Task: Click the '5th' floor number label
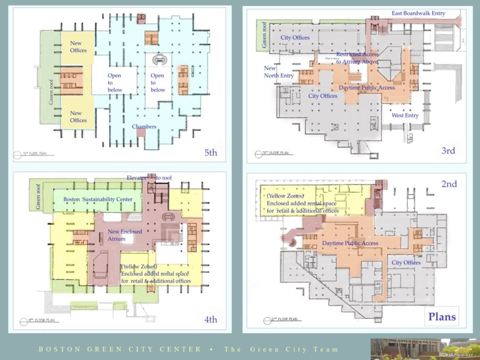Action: coord(211,153)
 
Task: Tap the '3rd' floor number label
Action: coord(448,150)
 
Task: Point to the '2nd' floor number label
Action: coord(449,184)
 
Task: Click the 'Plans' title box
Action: coord(442,317)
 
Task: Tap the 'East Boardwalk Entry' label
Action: coord(418,13)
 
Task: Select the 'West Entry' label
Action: coord(405,115)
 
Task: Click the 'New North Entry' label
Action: coord(278,72)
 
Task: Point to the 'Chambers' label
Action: coord(144,126)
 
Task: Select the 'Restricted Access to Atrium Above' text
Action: coord(357,58)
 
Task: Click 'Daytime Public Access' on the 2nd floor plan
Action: coord(350,243)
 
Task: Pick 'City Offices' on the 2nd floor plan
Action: coord(406,262)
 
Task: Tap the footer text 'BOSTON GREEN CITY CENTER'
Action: coord(120,349)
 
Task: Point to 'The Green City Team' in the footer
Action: coord(281,349)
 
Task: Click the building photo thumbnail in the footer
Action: coord(424,349)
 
